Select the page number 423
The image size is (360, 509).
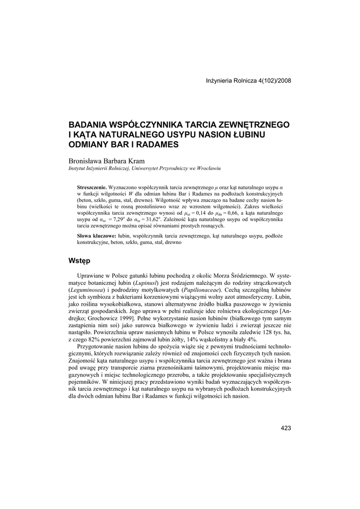285,428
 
